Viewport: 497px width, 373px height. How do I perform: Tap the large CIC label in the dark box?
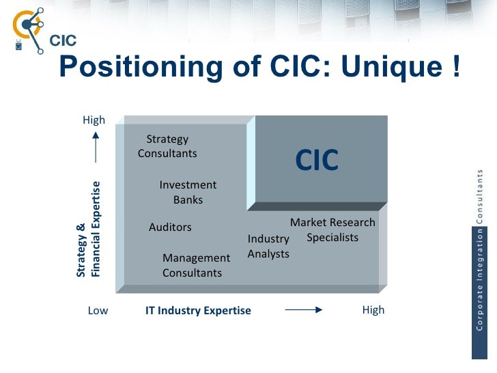(x=317, y=161)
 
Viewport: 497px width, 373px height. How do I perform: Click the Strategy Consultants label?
(x=167, y=146)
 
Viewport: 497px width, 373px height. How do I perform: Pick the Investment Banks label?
(x=188, y=192)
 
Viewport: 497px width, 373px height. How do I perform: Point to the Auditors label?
(x=170, y=227)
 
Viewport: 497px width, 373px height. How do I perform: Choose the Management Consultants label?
(x=196, y=265)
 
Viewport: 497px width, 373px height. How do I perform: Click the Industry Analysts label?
(x=268, y=246)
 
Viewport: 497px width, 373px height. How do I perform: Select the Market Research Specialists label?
(x=332, y=230)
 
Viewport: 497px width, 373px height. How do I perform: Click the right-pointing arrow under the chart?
(x=302, y=310)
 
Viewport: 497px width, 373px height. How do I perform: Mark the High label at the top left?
(x=94, y=120)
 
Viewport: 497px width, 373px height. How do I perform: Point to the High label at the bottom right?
(x=373, y=310)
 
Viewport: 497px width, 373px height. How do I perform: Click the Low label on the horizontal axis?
(x=98, y=311)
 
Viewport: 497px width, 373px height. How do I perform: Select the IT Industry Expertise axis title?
(x=198, y=311)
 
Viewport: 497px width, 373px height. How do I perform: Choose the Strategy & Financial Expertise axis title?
(x=88, y=228)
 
